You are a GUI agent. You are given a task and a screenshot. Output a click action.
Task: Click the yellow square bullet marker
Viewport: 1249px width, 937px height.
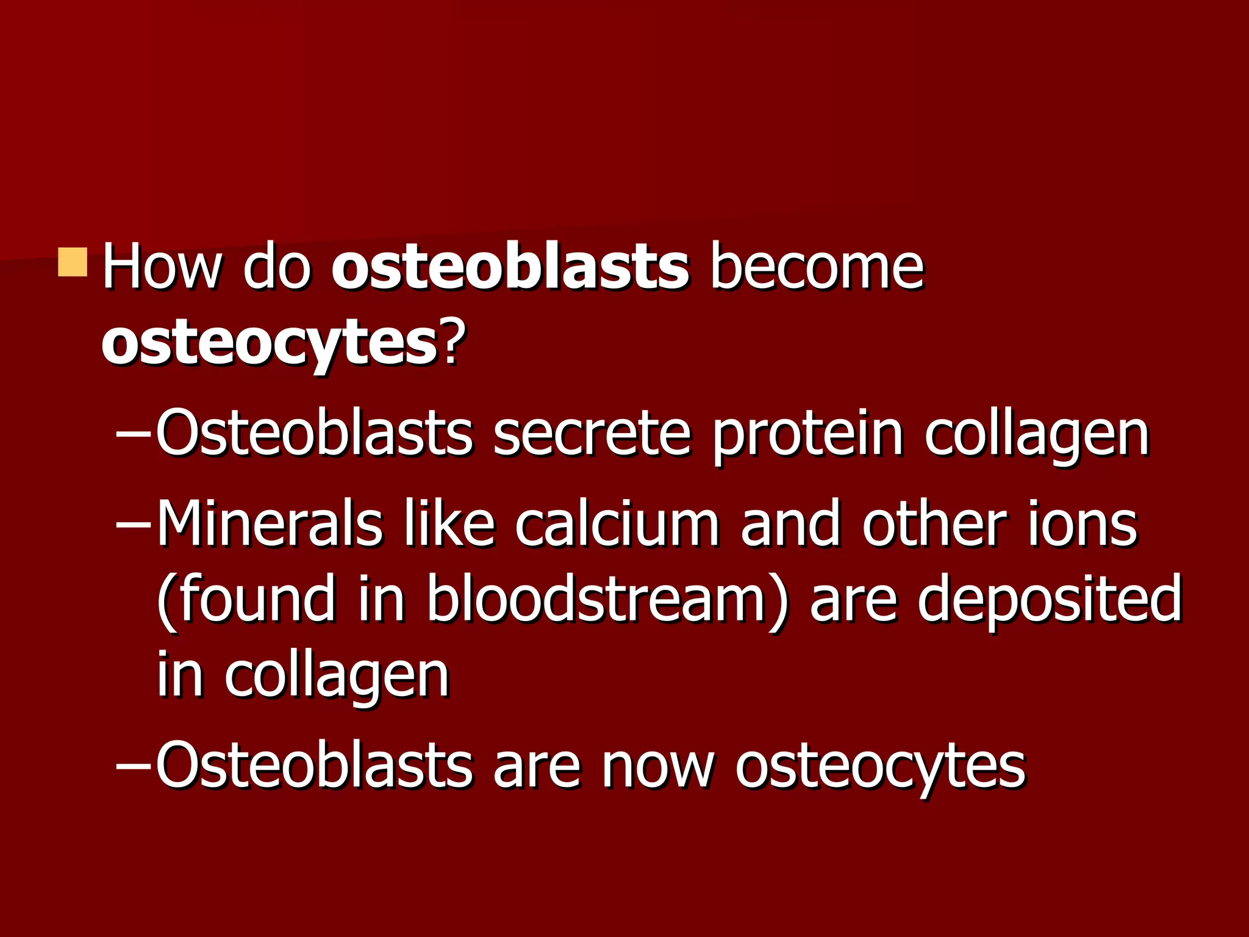pyautogui.click(x=73, y=262)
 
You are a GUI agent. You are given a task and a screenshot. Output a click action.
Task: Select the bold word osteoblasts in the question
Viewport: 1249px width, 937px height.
pyautogui.click(x=510, y=267)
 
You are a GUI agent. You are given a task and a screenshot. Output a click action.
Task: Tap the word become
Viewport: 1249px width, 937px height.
pyautogui.click(x=817, y=267)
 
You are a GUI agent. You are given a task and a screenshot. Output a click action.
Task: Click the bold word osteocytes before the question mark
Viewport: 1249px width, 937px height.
pyautogui.click(x=269, y=345)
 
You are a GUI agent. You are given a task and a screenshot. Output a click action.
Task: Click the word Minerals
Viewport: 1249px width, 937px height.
pyautogui.click(x=269, y=523)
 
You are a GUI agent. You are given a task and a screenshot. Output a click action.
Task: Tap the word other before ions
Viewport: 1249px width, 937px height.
pyautogui.click(x=934, y=523)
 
